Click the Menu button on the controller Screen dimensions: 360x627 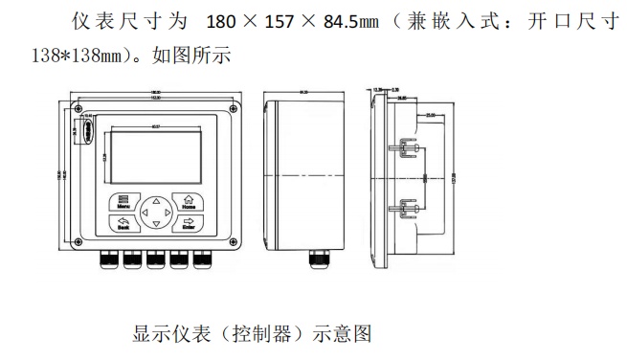point(123,202)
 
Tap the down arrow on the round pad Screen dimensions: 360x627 point(155,226)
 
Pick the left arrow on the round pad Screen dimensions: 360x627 point(143,213)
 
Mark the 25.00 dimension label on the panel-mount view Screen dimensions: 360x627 point(433,113)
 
